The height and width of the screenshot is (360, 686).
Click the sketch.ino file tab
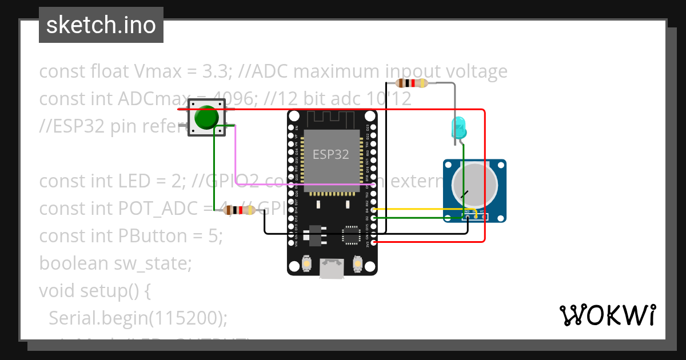click(101, 25)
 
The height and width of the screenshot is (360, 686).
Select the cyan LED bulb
click(459, 127)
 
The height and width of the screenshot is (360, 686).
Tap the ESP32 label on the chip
click(330, 154)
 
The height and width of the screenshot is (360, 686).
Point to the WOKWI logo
click(607, 315)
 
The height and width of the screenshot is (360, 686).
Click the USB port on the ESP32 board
click(332, 269)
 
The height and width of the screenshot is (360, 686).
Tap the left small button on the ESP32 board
click(307, 264)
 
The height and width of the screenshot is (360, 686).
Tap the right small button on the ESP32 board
click(357, 264)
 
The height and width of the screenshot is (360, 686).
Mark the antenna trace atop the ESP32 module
click(332, 118)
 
